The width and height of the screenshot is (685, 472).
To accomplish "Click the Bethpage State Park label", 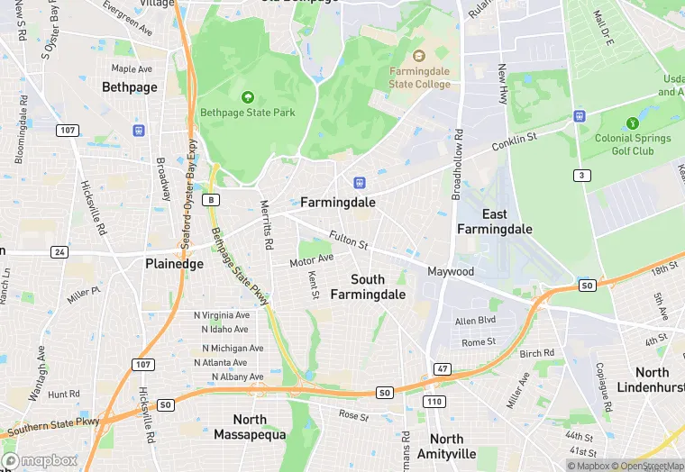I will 247,113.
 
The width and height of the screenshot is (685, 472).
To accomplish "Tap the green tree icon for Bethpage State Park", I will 248,96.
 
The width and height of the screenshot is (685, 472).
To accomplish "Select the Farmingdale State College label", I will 419,77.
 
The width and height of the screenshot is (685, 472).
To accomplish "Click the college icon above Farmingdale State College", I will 419,57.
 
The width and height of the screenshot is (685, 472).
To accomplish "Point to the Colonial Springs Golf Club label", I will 632,144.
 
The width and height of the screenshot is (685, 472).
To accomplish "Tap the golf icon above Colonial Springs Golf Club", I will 632,123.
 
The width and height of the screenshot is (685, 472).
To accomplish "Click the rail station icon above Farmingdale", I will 359,183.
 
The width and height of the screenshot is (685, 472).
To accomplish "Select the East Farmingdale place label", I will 494,221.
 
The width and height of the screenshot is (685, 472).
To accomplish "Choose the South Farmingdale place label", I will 368,286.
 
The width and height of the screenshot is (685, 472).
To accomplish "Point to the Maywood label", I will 451,271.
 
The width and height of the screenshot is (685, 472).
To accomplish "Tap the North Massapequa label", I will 250,427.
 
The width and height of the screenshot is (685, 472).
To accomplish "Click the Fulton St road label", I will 349,241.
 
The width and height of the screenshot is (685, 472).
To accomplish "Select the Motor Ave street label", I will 311,261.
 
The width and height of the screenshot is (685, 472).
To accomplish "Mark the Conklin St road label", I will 515,142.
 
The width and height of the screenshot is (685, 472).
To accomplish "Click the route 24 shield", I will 59,251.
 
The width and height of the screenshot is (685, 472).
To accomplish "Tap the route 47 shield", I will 442,369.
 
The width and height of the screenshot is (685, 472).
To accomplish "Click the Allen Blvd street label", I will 475,321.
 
